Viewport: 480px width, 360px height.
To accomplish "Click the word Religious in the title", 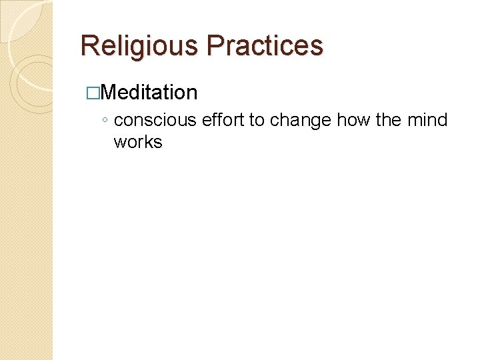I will [x=140, y=45].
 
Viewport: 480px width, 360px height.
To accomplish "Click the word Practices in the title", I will [x=265, y=45].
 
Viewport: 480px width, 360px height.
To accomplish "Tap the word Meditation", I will [x=151, y=92].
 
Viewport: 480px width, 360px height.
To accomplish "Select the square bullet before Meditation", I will [x=91, y=93].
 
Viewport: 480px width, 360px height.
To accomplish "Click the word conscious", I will [x=155, y=120].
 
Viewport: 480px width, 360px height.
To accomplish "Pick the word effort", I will [x=223, y=120].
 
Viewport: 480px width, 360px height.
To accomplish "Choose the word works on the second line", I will [x=138, y=141].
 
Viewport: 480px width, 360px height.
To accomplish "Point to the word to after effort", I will [x=257, y=120].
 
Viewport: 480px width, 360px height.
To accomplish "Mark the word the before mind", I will [x=391, y=120].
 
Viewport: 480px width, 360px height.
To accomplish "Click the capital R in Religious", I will [x=89, y=45].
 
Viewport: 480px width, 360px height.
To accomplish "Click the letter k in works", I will [x=149, y=141].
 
